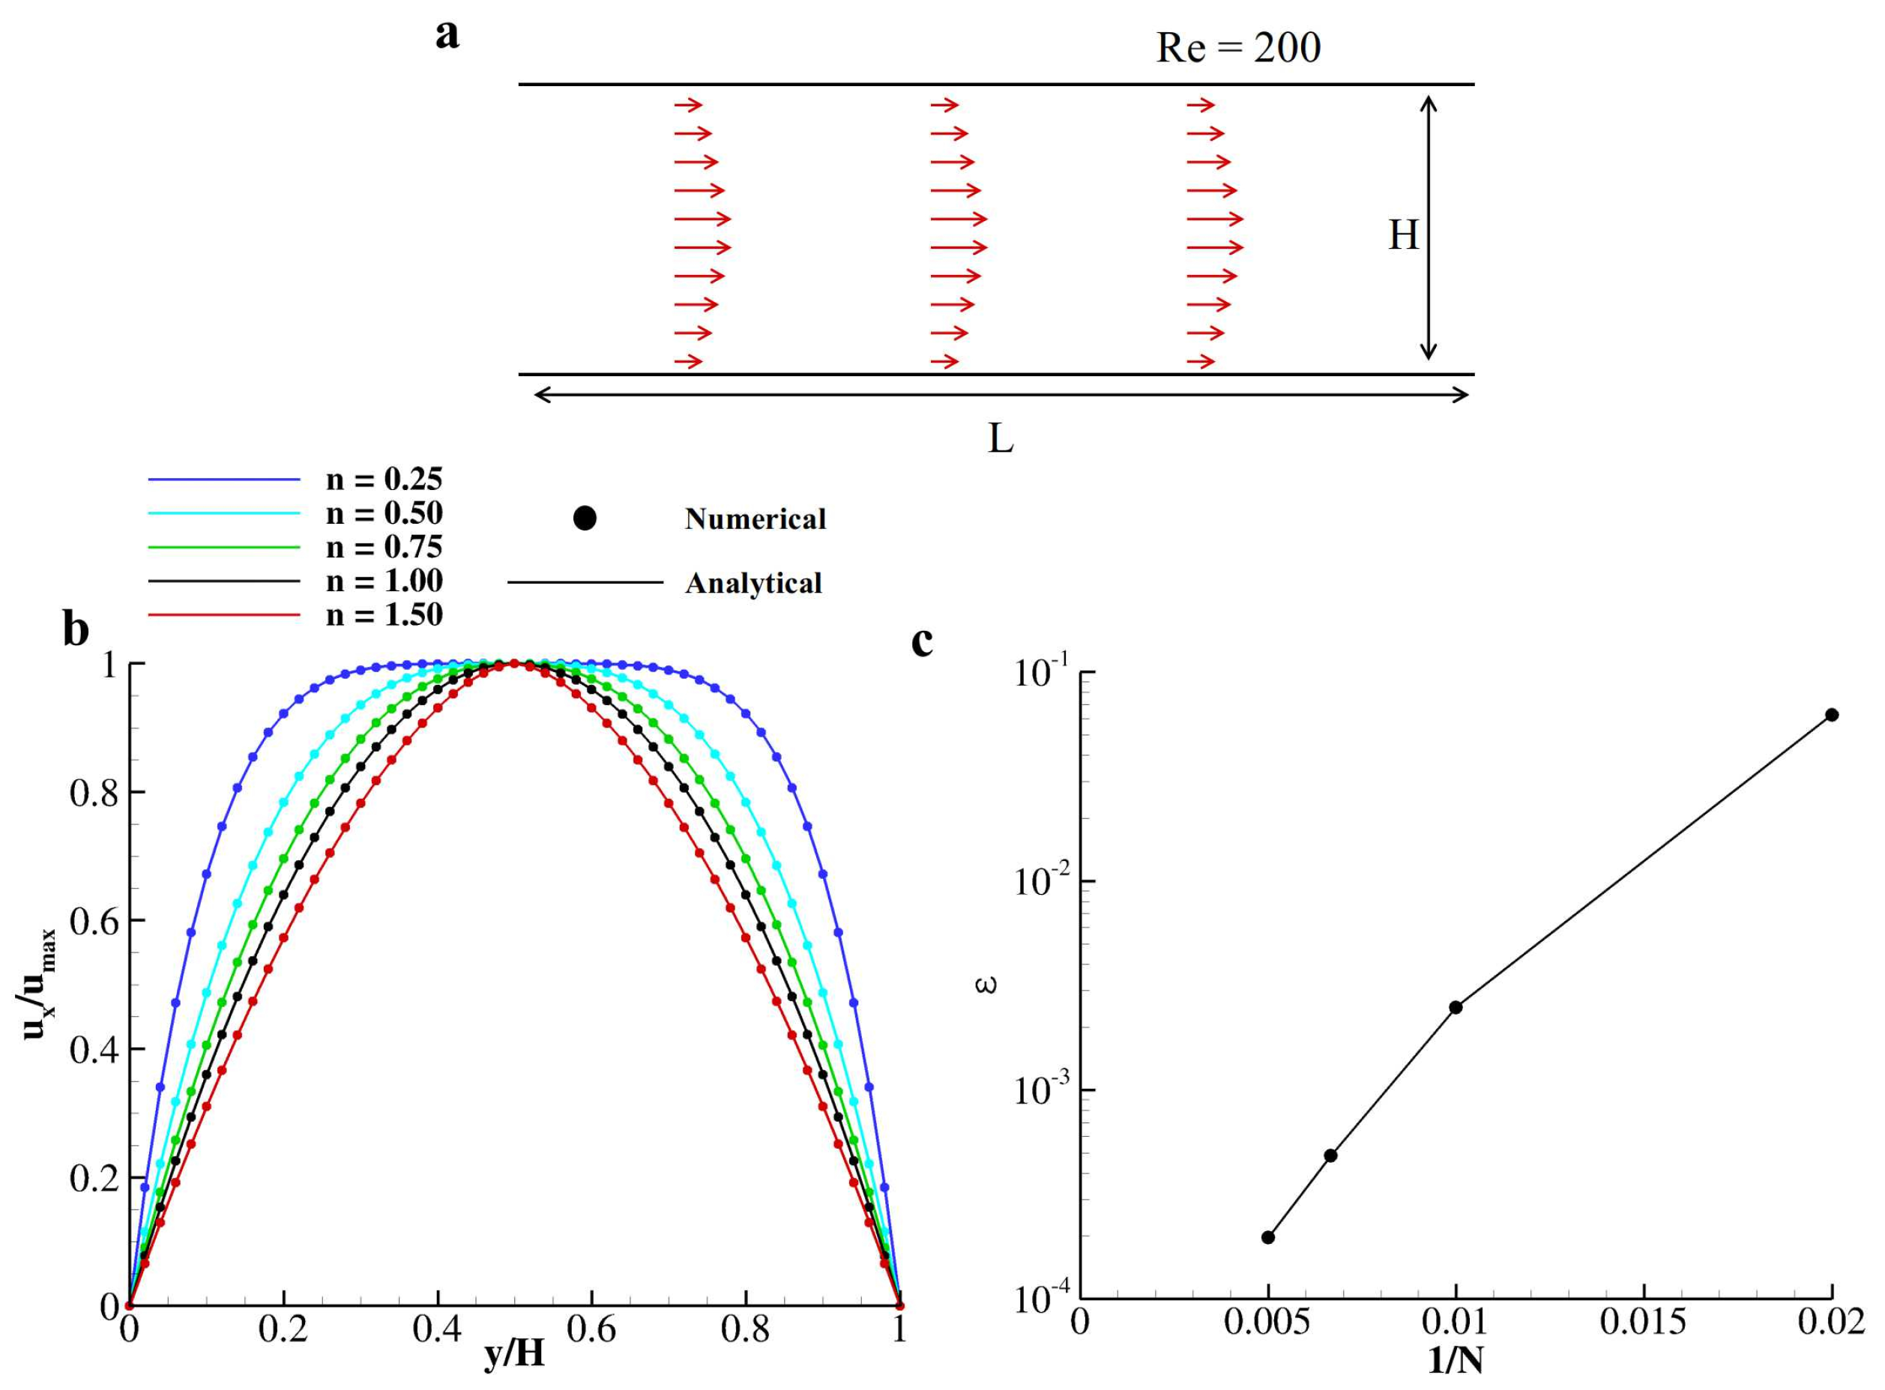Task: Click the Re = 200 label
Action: pos(1238,48)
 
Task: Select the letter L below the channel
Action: pos(1000,438)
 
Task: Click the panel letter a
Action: pos(447,35)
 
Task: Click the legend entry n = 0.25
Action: pos(384,480)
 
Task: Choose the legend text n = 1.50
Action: pos(384,615)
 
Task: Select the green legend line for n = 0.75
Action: pos(224,548)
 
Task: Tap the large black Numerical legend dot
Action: pos(585,519)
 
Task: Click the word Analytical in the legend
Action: pos(753,583)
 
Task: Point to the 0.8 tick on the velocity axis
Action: pos(94,793)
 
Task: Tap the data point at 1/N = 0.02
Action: pos(1831,715)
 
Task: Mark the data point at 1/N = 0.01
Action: pos(1456,1007)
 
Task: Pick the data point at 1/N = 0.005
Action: pos(1268,1237)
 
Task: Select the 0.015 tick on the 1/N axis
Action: pos(1643,1323)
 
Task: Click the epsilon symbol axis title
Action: pos(989,983)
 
